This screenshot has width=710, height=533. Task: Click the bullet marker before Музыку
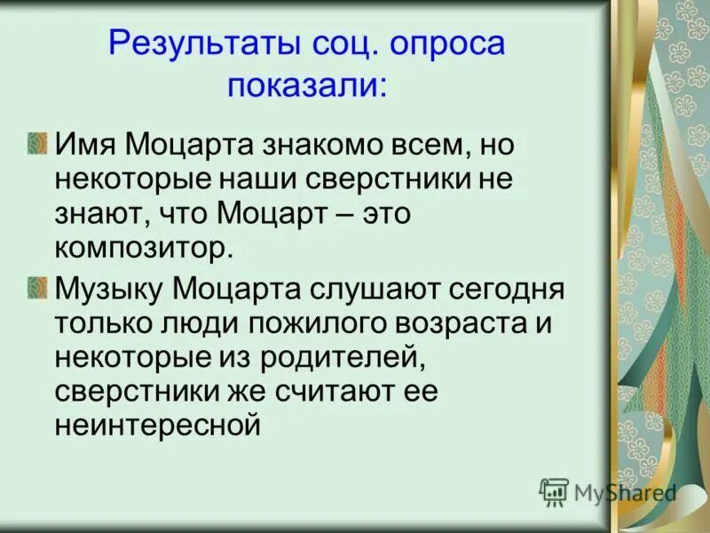tap(36, 286)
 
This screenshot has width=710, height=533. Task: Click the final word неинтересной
tap(158, 425)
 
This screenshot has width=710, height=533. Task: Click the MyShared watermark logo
tap(607, 491)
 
